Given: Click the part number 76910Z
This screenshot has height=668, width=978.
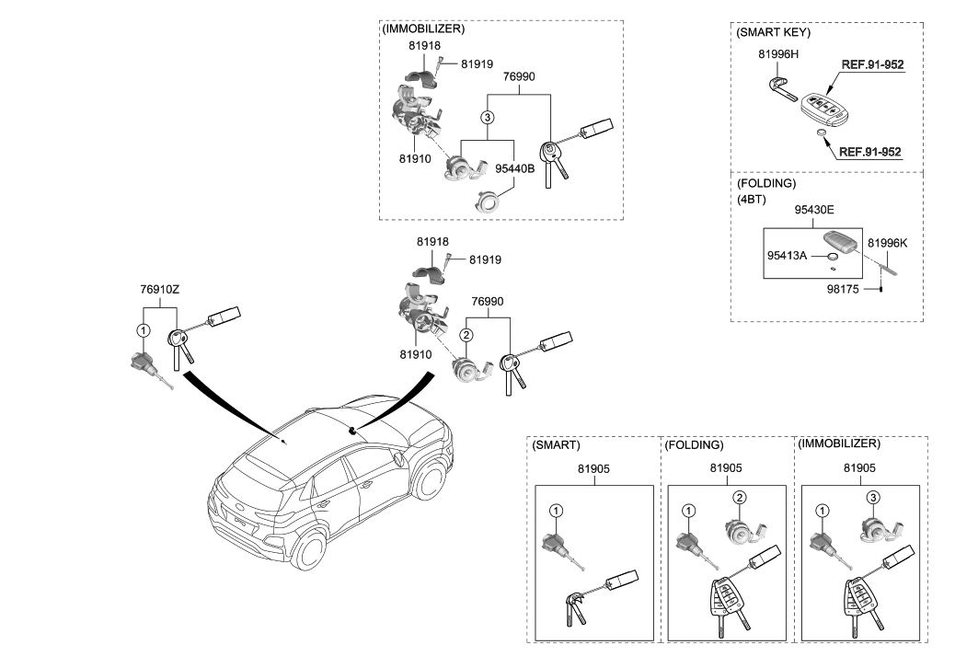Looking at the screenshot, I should point(160,289).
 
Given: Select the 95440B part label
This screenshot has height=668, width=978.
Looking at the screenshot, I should point(514,169).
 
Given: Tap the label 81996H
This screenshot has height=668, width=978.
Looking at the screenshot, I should point(777,55).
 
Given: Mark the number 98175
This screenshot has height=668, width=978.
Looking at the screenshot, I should point(846,289).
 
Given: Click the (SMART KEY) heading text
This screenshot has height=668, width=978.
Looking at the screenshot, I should point(772,31).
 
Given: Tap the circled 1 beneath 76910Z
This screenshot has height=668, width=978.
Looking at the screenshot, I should point(143,330).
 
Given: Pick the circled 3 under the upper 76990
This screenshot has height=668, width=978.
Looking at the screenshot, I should point(488,117).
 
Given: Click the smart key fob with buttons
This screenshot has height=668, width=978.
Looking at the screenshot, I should point(824,109).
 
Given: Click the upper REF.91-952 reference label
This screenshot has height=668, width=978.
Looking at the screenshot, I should point(870,65).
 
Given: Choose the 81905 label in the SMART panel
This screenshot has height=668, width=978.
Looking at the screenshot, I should point(594,468).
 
